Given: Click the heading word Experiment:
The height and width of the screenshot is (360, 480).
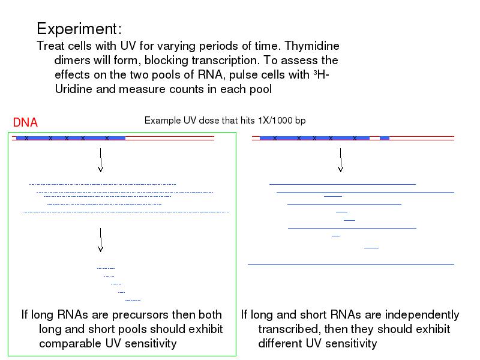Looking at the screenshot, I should point(79,29).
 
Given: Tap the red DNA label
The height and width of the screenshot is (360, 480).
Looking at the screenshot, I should point(25,122).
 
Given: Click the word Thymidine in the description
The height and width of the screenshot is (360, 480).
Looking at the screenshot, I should point(311,46).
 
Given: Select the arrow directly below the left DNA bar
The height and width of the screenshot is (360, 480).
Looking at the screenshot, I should point(101,161).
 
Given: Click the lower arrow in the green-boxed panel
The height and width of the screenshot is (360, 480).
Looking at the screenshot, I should point(101,240).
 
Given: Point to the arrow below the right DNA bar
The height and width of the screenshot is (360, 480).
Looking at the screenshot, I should point(341,161).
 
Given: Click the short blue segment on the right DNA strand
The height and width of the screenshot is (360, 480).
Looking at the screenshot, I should point(385,138).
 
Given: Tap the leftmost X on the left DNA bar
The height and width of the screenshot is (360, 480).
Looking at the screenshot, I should point(26,139).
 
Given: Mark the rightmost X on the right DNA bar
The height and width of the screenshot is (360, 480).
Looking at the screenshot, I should point(355,139).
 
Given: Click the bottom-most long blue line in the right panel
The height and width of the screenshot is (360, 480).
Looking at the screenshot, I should point(351,264).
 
